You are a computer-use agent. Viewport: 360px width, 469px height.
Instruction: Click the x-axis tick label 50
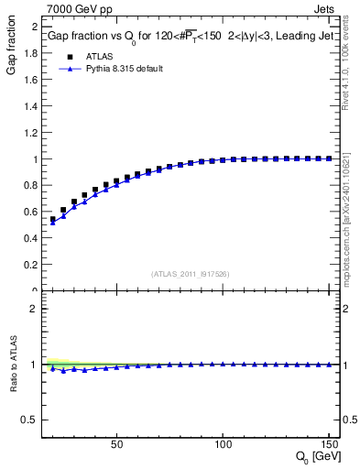[116, 443]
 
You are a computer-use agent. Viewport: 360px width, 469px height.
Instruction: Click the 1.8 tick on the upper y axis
[30, 52]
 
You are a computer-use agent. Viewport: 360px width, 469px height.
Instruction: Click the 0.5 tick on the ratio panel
[30, 420]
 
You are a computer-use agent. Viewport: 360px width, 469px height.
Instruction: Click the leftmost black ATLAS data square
[53, 220]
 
